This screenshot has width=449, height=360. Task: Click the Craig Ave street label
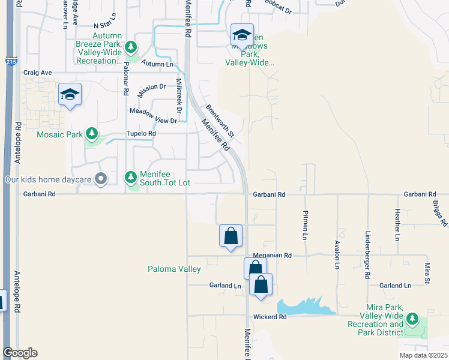coord(38,73)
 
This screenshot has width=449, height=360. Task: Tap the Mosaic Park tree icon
coord(91,133)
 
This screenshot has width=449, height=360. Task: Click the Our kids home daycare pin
coord(101,178)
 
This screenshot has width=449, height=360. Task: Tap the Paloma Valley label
coord(174,269)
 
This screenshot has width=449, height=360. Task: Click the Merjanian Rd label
coord(271,255)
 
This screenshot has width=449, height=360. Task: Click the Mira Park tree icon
coord(412,318)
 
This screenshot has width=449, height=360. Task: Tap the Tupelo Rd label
coord(140,134)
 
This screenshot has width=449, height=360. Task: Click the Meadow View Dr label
coord(154,116)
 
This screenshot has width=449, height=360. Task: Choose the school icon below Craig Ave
coord(70,95)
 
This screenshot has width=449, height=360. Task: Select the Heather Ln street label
coord(397,225)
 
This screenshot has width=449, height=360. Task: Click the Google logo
coord(20,352)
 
